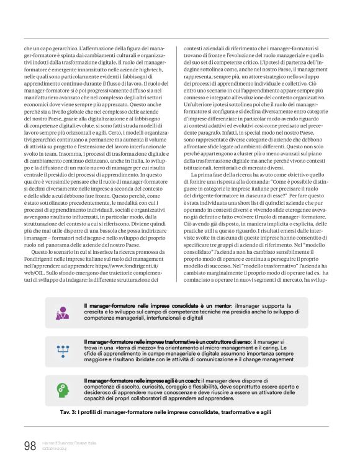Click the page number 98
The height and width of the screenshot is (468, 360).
point(29,445)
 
